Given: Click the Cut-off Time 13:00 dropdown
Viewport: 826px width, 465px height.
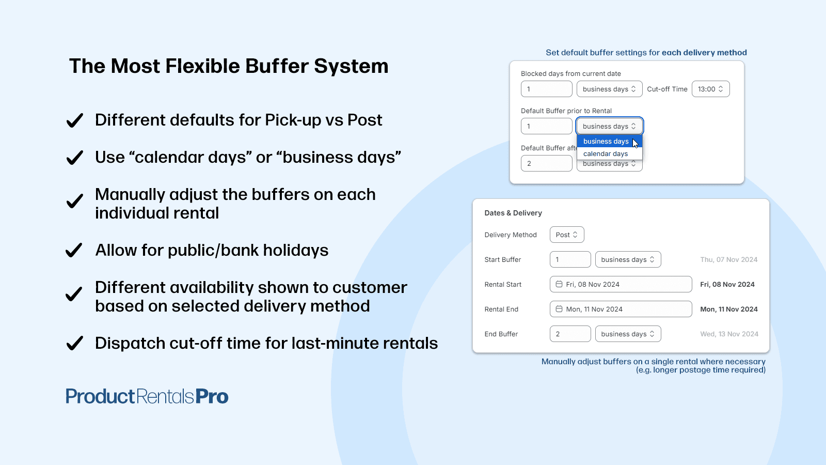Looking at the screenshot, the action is click(710, 89).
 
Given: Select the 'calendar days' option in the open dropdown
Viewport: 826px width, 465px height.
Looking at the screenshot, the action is click(606, 153).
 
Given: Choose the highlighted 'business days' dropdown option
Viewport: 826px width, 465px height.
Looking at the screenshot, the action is click(606, 142).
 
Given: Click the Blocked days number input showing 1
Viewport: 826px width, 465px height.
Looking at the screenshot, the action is click(547, 89).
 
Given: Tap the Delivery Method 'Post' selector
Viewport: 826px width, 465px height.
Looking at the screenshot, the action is click(567, 235).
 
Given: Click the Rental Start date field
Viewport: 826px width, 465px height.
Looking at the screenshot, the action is click(621, 284).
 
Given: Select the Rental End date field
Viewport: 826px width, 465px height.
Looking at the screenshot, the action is click(621, 309).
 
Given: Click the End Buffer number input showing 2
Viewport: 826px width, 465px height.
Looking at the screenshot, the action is click(570, 334).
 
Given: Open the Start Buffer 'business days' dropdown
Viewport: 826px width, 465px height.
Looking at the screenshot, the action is click(628, 259).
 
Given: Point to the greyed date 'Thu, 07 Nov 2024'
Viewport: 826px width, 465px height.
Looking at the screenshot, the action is click(728, 259).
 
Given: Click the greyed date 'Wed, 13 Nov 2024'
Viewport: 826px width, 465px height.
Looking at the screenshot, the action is click(729, 334).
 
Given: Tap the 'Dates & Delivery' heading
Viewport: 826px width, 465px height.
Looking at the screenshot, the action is click(513, 213).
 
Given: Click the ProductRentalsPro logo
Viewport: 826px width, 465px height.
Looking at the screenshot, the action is click(147, 396).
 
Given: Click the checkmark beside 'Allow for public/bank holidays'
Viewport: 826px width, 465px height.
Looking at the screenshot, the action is click(74, 250).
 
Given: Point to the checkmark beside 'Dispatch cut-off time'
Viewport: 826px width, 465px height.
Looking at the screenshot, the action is click(74, 343).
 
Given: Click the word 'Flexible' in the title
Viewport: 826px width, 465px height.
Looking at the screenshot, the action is click(202, 66).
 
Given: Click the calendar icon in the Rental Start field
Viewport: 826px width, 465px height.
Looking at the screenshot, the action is click(559, 284).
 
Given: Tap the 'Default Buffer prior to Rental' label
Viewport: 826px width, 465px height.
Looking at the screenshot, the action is click(566, 111).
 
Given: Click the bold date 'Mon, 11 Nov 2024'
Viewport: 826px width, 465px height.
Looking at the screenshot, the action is click(728, 309).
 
